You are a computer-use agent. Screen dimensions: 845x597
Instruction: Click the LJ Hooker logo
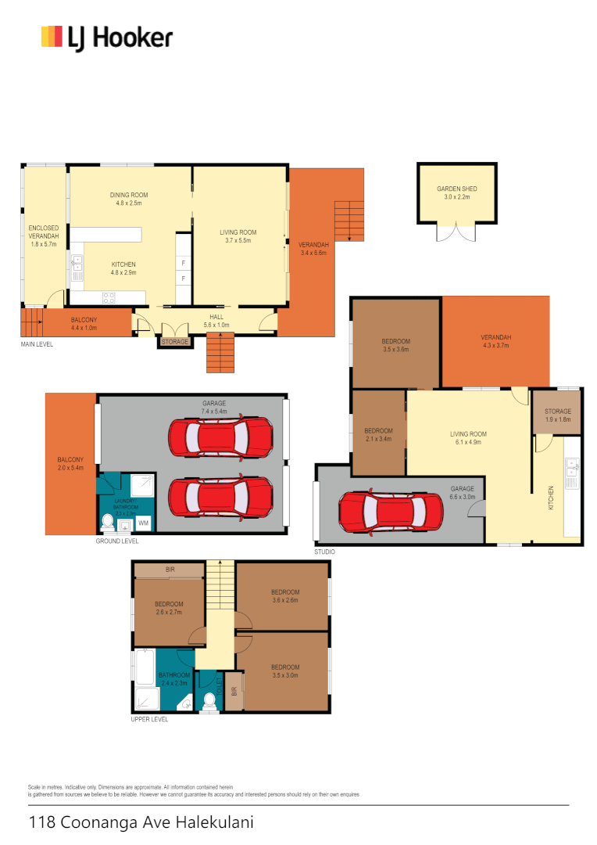click(x=107, y=38)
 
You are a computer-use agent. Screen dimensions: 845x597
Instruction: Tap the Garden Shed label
click(x=457, y=193)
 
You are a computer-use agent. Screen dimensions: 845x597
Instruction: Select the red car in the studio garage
click(x=391, y=512)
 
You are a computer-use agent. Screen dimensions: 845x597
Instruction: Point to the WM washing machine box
click(x=143, y=522)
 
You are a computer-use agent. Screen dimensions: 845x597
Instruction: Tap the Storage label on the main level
click(x=174, y=342)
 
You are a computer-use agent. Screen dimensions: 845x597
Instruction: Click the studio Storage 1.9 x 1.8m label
click(x=557, y=415)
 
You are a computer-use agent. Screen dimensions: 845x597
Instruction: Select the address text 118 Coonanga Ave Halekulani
click(x=141, y=822)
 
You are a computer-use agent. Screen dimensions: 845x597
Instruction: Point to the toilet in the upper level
click(x=209, y=702)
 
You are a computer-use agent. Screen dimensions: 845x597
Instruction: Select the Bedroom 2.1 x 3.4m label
click(x=378, y=435)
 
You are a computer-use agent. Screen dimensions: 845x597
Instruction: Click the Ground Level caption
click(x=117, y=541)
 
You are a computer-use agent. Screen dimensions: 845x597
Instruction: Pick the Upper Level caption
click(x=149, y=720)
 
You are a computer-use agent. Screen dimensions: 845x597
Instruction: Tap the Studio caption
click(x=325, y=552)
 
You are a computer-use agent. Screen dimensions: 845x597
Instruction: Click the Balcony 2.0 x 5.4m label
click(x=70, y=464)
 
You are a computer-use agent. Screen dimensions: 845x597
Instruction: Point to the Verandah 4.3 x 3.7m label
click(x=495, y=342)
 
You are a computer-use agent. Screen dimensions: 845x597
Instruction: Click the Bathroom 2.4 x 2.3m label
click(x=173, y=678)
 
